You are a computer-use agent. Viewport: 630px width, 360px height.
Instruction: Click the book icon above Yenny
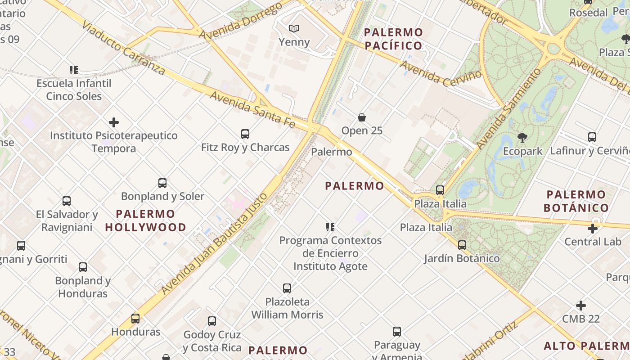[x=294, y=29]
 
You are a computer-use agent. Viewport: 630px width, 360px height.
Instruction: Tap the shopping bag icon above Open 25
[x=362, y=117]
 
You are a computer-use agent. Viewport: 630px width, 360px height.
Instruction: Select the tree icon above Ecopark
[x=522, y=138]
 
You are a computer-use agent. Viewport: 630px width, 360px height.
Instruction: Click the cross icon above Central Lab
[x=593, y=229]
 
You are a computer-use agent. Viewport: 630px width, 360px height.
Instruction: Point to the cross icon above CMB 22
[x=581, y=306]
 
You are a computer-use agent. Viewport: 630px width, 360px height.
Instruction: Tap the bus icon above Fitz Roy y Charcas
[x=245, y=134]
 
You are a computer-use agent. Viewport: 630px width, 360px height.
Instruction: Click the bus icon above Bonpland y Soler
[x=162, y=183]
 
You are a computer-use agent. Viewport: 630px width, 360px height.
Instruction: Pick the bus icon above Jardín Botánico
[x=462, y=245]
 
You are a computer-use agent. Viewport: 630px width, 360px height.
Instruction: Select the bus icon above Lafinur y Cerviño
[x=592, y=137]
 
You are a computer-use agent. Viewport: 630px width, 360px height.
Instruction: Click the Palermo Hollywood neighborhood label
[x=146, y=220]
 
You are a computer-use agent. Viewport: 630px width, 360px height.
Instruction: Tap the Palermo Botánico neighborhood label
[x=576, y=201]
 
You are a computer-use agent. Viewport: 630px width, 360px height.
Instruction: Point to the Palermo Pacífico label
[x=393, y=39]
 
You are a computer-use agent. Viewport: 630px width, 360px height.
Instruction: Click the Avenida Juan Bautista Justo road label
[x=214, y=243]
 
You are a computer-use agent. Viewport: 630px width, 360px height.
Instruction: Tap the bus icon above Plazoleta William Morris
[x=287, y=288]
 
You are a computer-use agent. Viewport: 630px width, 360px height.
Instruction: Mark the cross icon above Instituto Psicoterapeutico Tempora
[x=114, y=122]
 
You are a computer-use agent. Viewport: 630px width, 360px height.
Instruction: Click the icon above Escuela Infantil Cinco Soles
[x=74, y=70]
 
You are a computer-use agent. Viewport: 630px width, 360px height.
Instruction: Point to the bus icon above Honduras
[x=135, y=319]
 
